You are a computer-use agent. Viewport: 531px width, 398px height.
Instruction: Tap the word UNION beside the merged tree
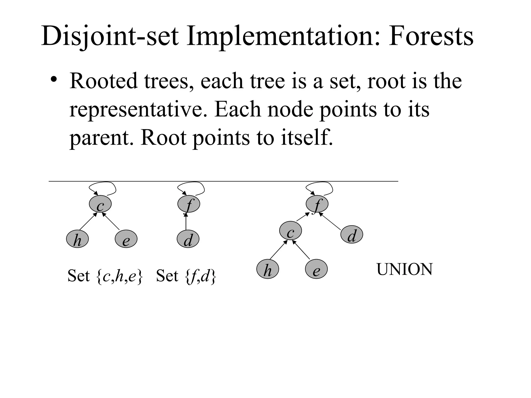click(404, 269)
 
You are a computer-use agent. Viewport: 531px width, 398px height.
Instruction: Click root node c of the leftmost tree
click(100, 204)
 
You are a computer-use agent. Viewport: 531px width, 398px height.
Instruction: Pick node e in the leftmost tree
click(126, 239)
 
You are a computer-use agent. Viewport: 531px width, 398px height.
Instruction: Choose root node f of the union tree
click(317, 204)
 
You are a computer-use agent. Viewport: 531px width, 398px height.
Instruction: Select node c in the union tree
click(291, 231)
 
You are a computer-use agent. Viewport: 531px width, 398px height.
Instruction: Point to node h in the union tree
click(268, 269)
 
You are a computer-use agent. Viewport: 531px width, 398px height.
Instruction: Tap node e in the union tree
click(316, 269)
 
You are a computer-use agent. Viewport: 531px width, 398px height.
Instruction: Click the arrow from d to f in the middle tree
click(186, 222)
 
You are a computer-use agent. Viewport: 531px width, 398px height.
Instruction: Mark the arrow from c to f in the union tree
click(303, 217)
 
